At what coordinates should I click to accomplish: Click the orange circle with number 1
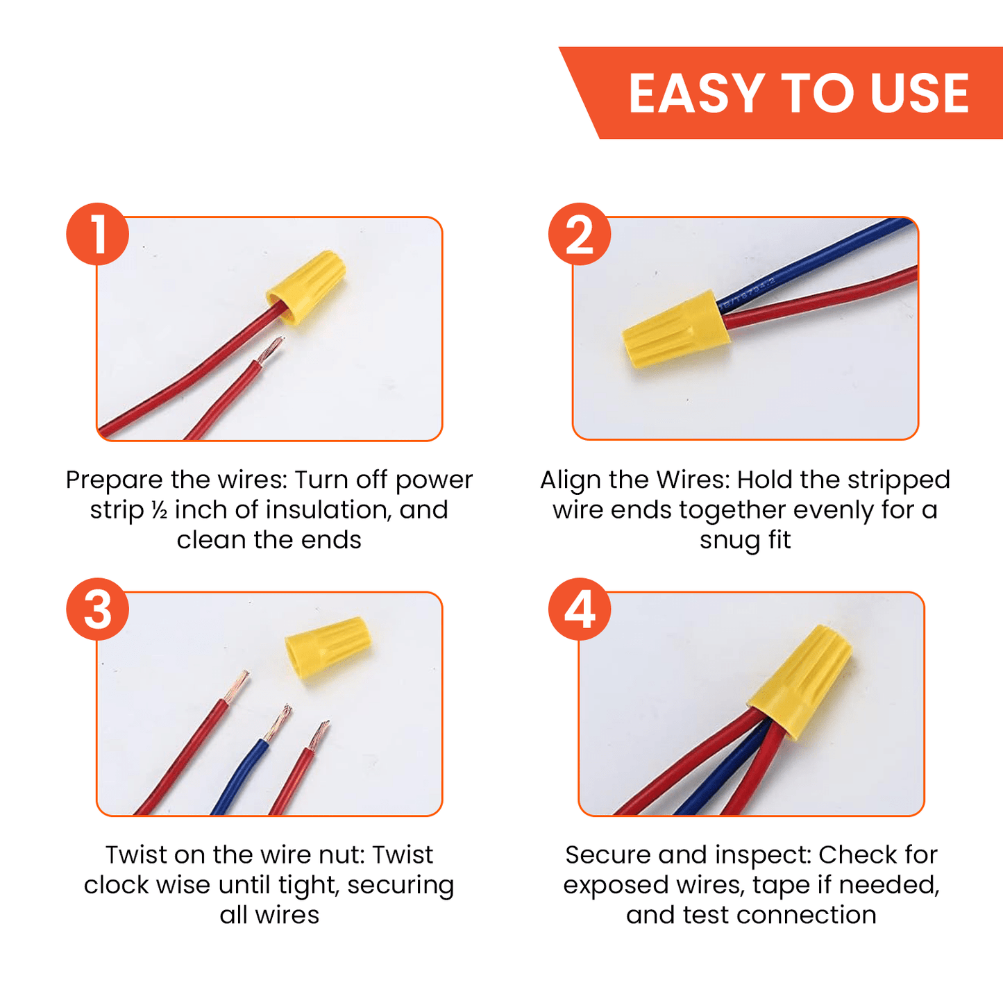click(98, 234)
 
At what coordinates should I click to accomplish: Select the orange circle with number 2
click(579, 234)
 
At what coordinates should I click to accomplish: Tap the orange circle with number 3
click(98, 609)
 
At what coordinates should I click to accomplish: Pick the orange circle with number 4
click(579, 609)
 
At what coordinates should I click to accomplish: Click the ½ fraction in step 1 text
click(160, 511)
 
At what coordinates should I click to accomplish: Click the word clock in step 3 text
click(115, 885)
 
